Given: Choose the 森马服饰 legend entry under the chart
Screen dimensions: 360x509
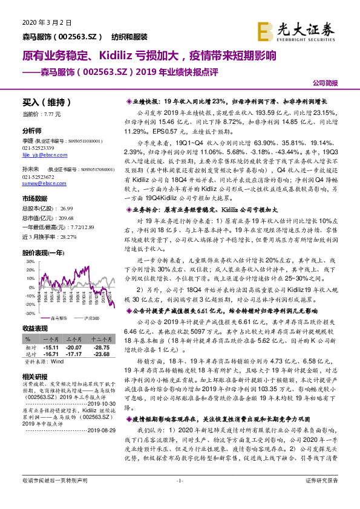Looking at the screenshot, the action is click(x=58, y=317).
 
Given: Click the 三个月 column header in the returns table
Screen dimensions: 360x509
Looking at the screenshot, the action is click(x=74, y=339).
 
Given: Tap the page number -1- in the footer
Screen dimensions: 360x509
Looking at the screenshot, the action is click(x=180, y=497).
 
